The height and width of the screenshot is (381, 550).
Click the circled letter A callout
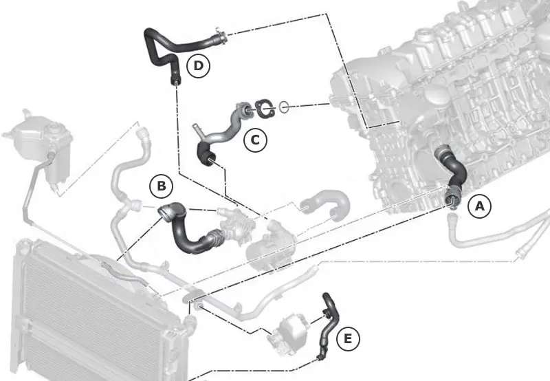(x=479, y=206)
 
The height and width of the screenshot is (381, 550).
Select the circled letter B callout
(x=162, y=186)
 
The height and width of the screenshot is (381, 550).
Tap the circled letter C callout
(x=255, y=140)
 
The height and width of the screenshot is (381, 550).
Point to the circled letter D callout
(x=198, y=65)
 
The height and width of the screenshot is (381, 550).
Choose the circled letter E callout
(x=348, y=339)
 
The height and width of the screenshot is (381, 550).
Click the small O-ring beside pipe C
(x=284, y=107)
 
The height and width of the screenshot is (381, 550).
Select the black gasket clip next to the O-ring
(x=265, y=108)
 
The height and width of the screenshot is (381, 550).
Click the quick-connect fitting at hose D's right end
(x=220, y=36)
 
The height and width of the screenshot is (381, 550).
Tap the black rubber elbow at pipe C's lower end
(x=206, y=153)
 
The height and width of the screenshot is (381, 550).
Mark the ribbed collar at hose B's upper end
(x=166, y=213)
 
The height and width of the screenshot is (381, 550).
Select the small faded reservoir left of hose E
(x=287, y=335)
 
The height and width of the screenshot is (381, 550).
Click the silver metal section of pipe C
(x=225, y=127)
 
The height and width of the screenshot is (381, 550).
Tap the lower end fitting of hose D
(x=175, y=79)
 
